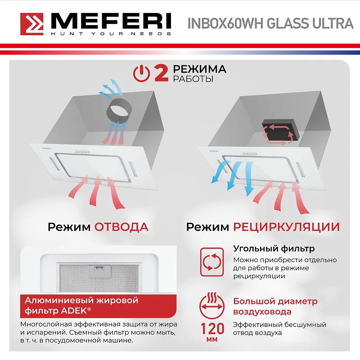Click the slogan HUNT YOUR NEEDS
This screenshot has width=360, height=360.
click(110, 34)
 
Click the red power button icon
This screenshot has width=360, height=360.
click(142, 73)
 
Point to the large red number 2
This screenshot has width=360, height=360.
click(161, 73)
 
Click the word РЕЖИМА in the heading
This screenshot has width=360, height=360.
click(200, 69)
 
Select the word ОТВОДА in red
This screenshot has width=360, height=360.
click(121, 226)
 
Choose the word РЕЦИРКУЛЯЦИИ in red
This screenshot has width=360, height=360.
click(286, 226)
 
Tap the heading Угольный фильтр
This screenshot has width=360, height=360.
click(274, 249)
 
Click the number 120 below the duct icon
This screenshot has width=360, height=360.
click(211, 328)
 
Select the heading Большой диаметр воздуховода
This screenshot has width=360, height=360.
click(274, 306)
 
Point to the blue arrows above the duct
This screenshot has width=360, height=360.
click(110, 88)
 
